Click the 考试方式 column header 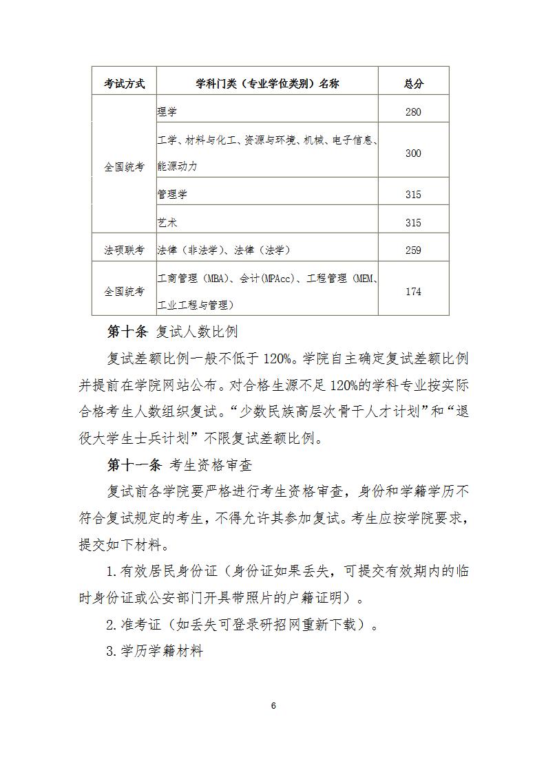(125, 84)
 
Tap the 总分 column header (413, 84)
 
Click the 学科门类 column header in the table (267, 84)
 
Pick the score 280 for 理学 (413, 112)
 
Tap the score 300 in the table (413, 153)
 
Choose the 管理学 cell (172, 195)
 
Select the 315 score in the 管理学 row (413, 195)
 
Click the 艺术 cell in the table (167, 223)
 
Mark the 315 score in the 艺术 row (413, 223)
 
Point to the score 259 (413, 250)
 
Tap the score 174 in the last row (413, 292)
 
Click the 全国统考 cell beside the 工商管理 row (125, 292)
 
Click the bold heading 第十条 (127, 332)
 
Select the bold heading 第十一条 (134, 466)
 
